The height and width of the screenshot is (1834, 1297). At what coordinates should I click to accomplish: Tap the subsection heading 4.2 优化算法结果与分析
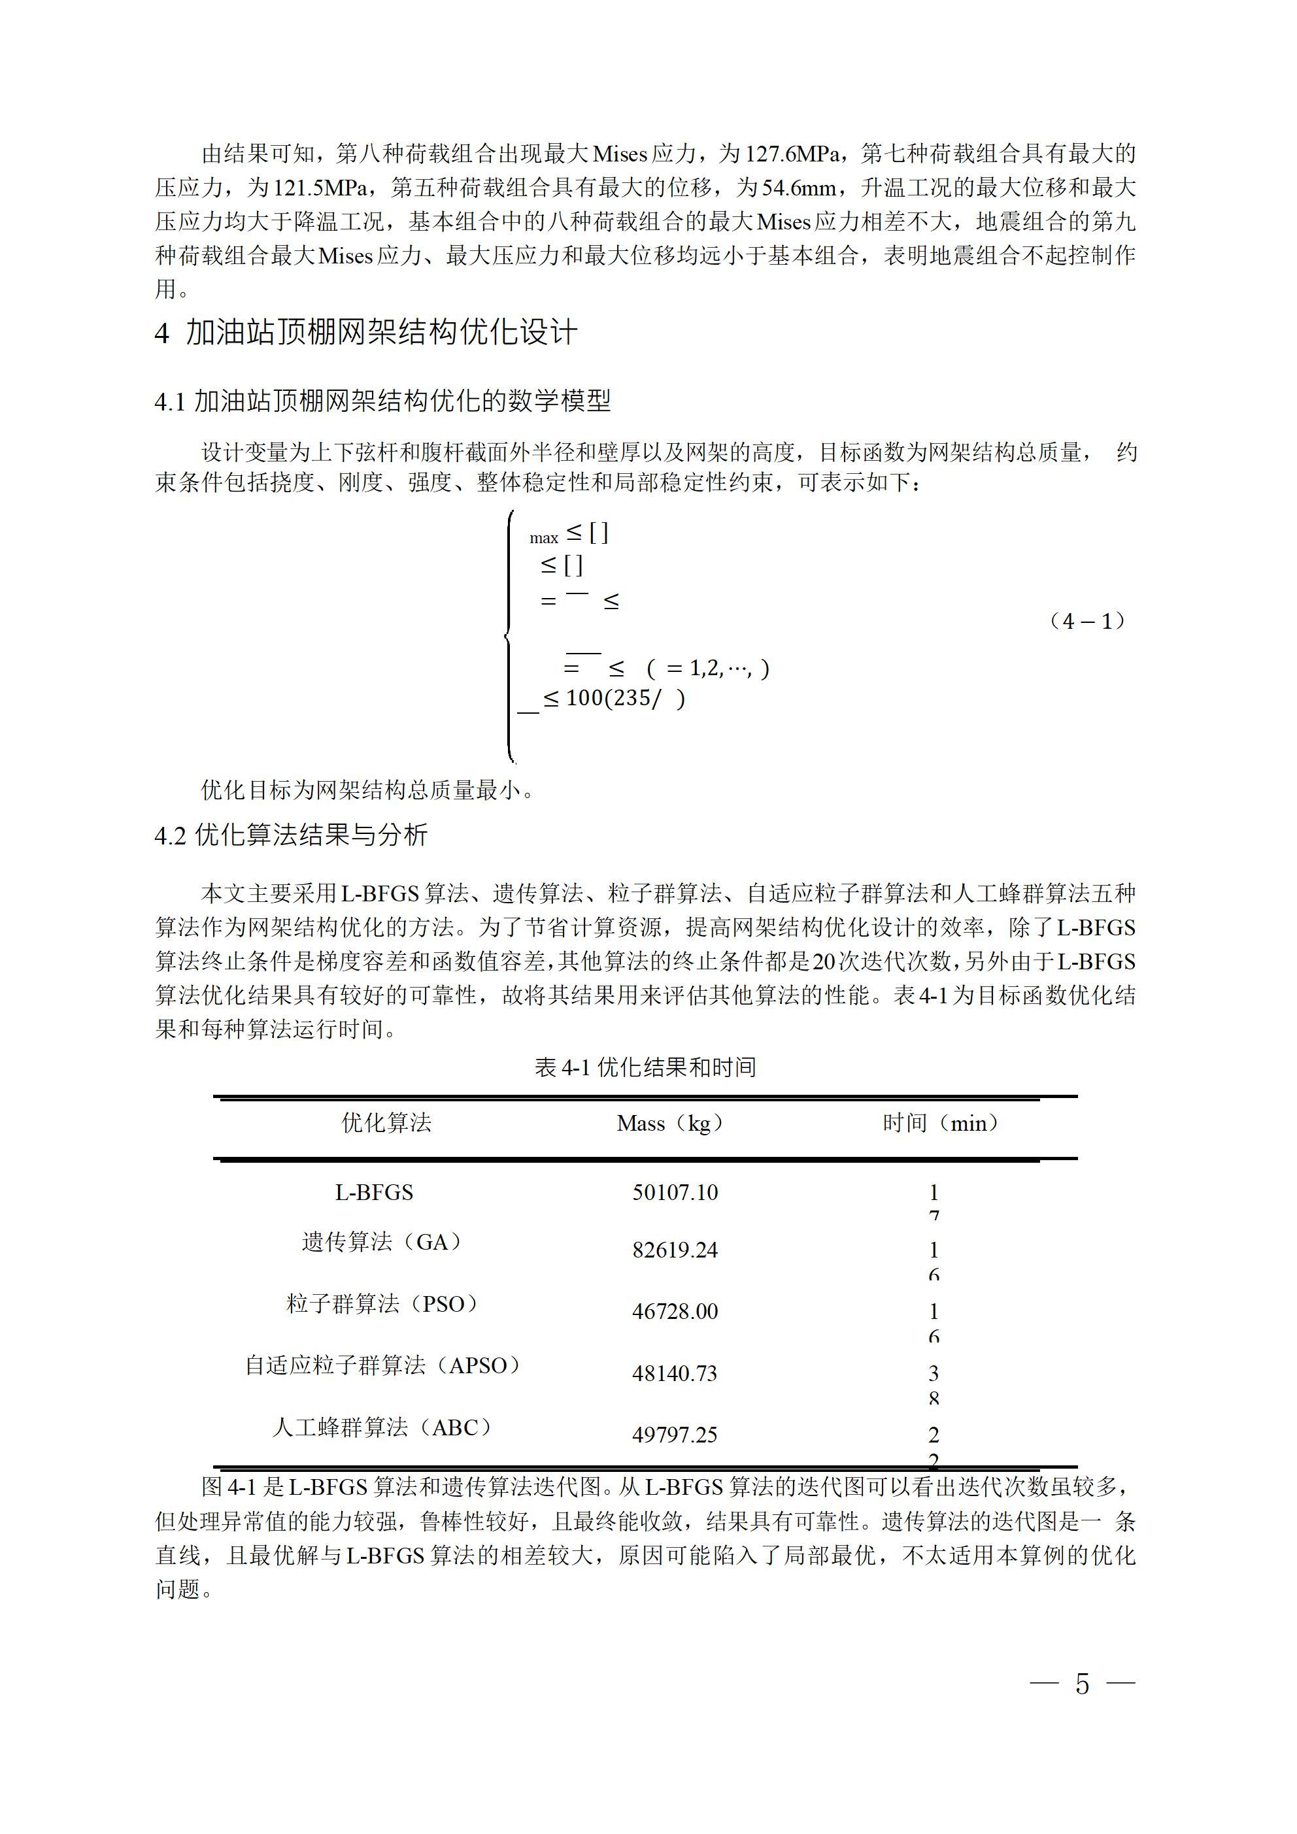point(291,835)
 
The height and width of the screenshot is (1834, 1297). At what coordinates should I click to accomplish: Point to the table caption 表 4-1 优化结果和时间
point(645,1067)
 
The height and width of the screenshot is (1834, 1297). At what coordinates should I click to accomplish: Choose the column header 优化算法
point(387,1123)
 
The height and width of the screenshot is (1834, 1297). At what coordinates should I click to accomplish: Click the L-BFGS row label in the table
point(374,1193)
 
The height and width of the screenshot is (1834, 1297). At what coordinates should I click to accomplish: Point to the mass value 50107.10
point(675,1193)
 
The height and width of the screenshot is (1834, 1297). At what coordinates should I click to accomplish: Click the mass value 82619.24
point(675,1250)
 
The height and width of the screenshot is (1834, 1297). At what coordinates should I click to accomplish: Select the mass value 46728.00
point(675,1312)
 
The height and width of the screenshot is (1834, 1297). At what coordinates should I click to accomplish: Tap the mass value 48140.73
point(675,1374)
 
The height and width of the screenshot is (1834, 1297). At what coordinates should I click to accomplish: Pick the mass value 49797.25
point(675,1435)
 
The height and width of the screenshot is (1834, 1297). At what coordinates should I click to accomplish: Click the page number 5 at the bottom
point(1082,1684)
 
